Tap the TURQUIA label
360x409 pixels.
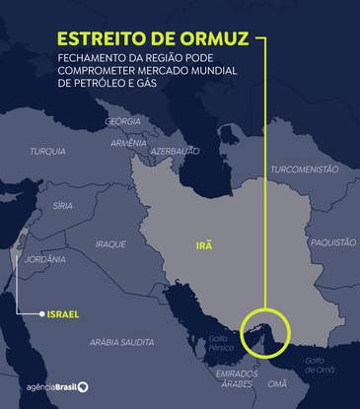tap(48, 151)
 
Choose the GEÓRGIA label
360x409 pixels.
tap(123, 121)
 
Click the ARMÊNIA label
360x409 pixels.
tap(128, 143)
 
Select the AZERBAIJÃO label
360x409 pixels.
tap(176, 151)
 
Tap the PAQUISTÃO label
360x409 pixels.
tap(333, 241)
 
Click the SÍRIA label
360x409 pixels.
tap(62, 205)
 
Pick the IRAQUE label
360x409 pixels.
tap(110, 242)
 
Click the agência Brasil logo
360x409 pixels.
tap(50, 387)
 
